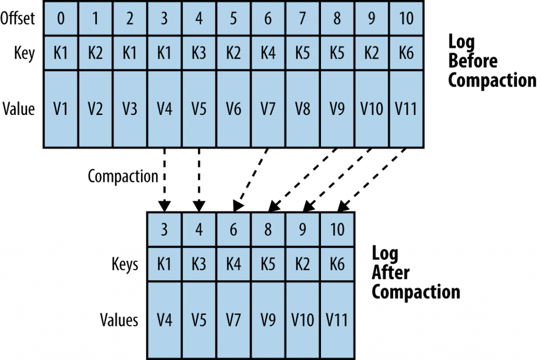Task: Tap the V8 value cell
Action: [x=302, y=109]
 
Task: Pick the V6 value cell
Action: [x=233, y=109]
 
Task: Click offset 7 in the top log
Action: [x=302, y=18]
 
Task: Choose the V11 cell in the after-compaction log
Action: [x=337, y=320]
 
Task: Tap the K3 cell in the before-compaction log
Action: [x=199, y=53]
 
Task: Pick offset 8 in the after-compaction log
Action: [x=268, y=230]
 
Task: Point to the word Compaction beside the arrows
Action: [x=123, y=176]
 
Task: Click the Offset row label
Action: [x=18, y=18]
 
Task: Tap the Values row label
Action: [x=120, y=320]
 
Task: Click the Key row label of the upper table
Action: [x=24, y=53]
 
